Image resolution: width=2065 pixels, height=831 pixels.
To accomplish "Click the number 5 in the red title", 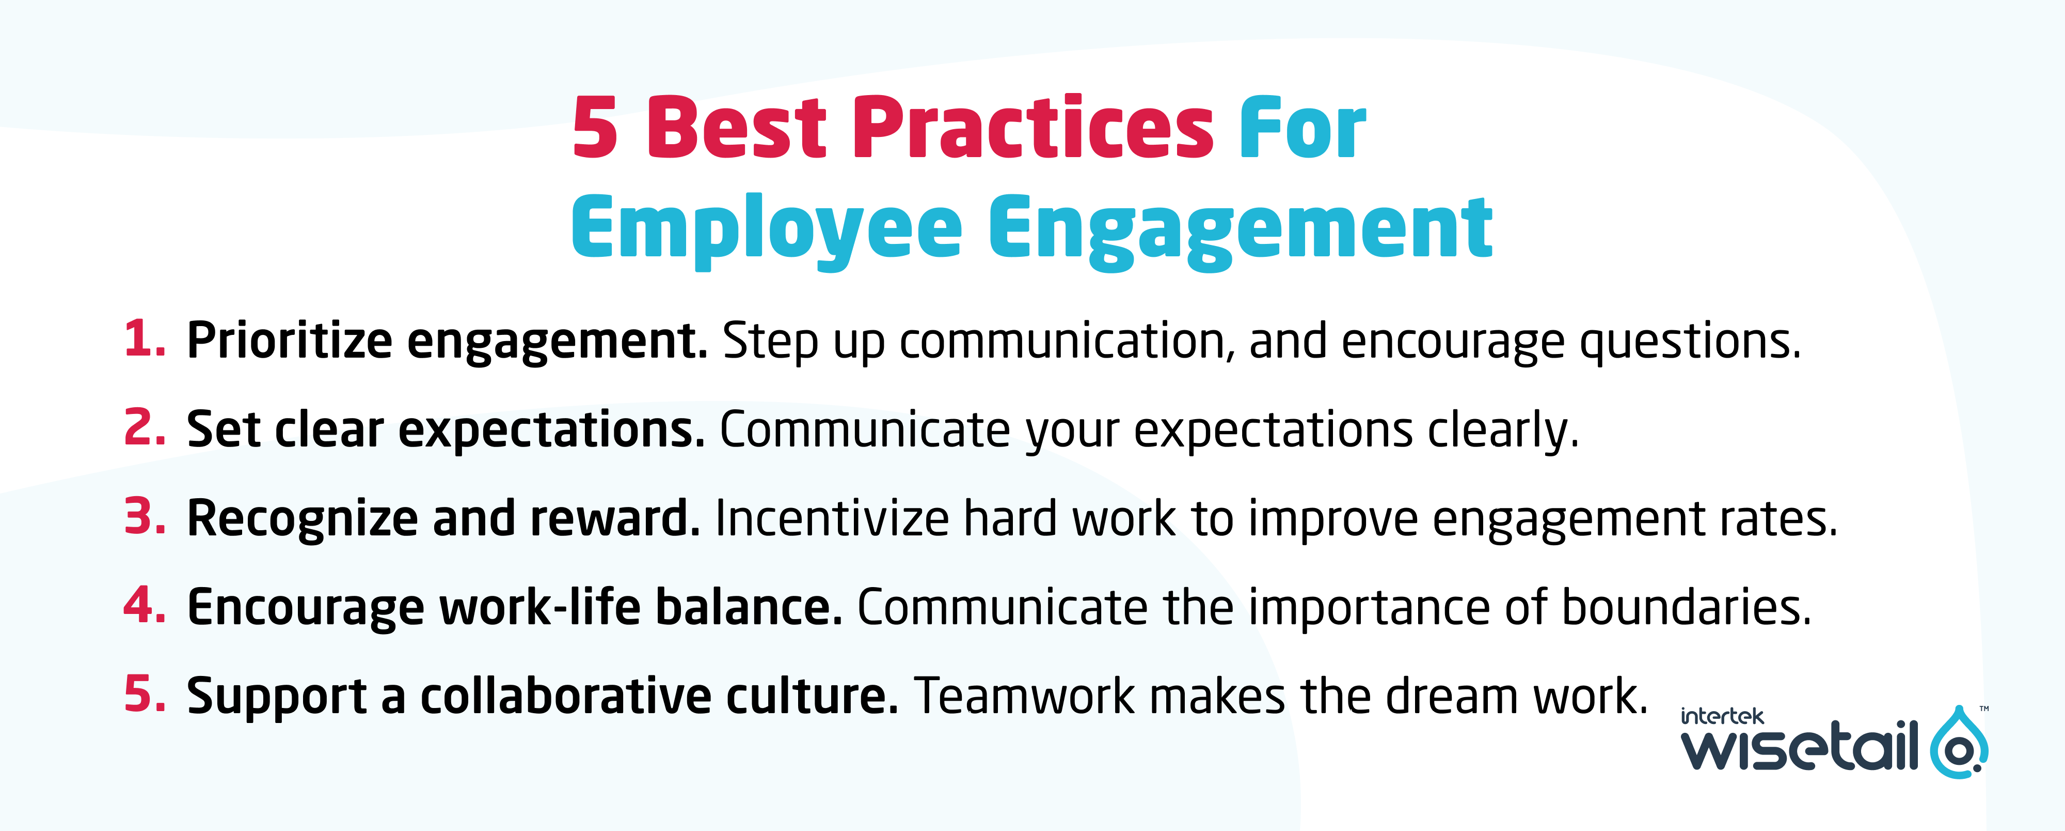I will click(595, 128).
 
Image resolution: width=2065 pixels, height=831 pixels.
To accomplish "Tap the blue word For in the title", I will click(1302, 128).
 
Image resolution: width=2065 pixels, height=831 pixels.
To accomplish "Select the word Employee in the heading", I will click(766, 228).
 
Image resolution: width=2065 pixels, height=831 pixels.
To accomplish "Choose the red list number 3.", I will click(145, 517).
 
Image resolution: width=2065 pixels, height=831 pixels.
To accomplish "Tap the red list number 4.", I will click(145, 606).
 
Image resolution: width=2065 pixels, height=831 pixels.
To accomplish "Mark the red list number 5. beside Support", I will click(145, 694).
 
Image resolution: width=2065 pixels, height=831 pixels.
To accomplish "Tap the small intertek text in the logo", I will click(1721, 716).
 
